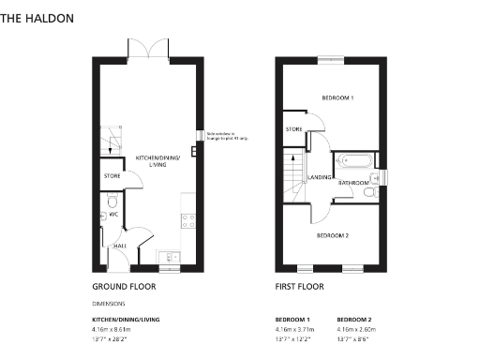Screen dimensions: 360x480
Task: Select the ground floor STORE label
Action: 112,175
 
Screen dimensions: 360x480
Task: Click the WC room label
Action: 112,216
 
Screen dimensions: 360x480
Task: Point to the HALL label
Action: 120,246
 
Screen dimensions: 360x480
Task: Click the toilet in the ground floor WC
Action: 112,201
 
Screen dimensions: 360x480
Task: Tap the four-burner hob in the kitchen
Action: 187,221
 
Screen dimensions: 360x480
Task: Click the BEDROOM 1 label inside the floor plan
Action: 337,97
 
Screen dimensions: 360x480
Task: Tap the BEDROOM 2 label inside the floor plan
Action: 332,235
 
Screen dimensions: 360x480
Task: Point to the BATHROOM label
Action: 353,183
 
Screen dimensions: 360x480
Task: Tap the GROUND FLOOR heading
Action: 124,287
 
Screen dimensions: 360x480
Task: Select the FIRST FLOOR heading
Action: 299,287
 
